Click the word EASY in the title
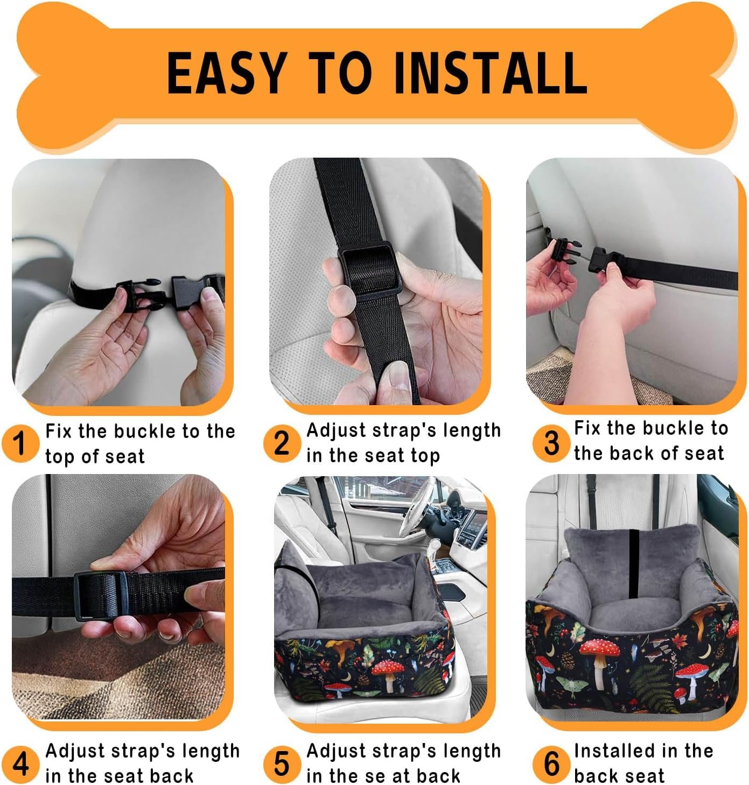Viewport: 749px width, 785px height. coord(226,74)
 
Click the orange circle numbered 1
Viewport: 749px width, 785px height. coord(20,443)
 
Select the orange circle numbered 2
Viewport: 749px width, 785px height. coord(282,443)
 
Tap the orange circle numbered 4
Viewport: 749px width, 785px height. coord(20,764)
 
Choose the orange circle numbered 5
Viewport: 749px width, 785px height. coord(282,763)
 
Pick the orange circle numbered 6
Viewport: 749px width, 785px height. coord(551,763)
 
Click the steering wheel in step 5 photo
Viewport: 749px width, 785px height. coord(417,506)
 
